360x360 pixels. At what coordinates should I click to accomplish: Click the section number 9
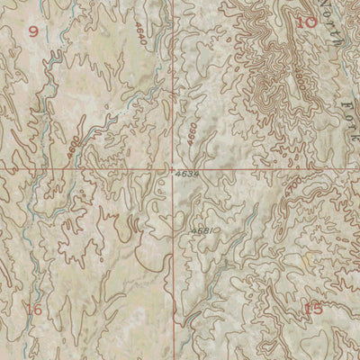(34, 31)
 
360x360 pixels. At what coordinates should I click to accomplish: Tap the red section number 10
(306, 22)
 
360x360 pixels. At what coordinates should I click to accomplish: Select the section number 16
(35, 309)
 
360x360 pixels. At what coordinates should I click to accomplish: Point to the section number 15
(312, 309)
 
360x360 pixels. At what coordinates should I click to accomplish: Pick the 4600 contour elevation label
(74, 139)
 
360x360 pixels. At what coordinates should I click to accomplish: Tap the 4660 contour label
(193, 134)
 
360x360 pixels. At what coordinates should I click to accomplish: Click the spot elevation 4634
(187, 172)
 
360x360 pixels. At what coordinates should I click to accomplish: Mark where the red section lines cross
(174, 168)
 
